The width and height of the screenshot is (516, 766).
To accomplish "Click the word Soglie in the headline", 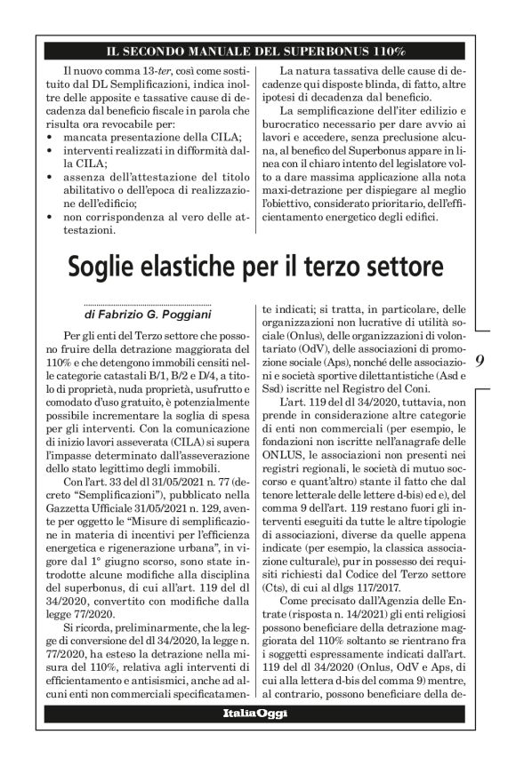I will point(109,266).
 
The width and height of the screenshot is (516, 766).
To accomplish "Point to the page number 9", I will point(480,362).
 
